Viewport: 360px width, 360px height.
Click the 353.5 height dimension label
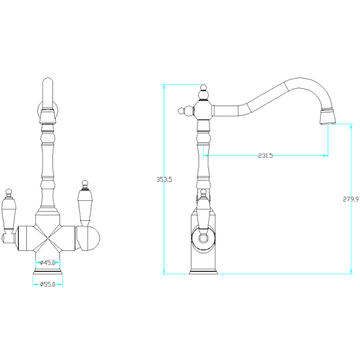point(164,179)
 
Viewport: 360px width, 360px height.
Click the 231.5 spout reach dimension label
point(265,155)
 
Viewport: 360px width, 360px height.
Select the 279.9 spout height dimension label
point(350,199)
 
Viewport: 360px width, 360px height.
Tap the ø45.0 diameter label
point(48,262)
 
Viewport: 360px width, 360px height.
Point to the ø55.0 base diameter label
point(48,284)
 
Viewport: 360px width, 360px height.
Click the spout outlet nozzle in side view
point(327,116)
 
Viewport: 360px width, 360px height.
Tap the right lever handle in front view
point(85,203)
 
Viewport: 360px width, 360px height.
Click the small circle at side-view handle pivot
point(203,238)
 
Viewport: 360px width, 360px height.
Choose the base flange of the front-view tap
point(48,272)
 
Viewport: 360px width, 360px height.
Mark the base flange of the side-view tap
point(203,272)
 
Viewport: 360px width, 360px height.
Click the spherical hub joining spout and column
point(203,110)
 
